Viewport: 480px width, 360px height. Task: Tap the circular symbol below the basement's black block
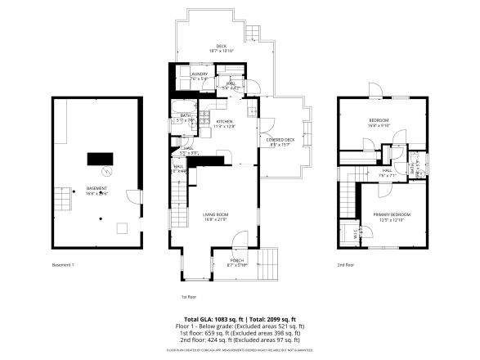pos(105,172)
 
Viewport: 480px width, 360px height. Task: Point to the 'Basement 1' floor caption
pos(63,265)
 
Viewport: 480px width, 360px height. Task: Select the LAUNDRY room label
pos(199,74)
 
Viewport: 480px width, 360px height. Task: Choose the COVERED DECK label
pos(280,141)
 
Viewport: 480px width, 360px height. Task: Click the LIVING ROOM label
pos(216,215)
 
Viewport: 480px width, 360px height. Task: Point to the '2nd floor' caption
pos(345,265)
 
